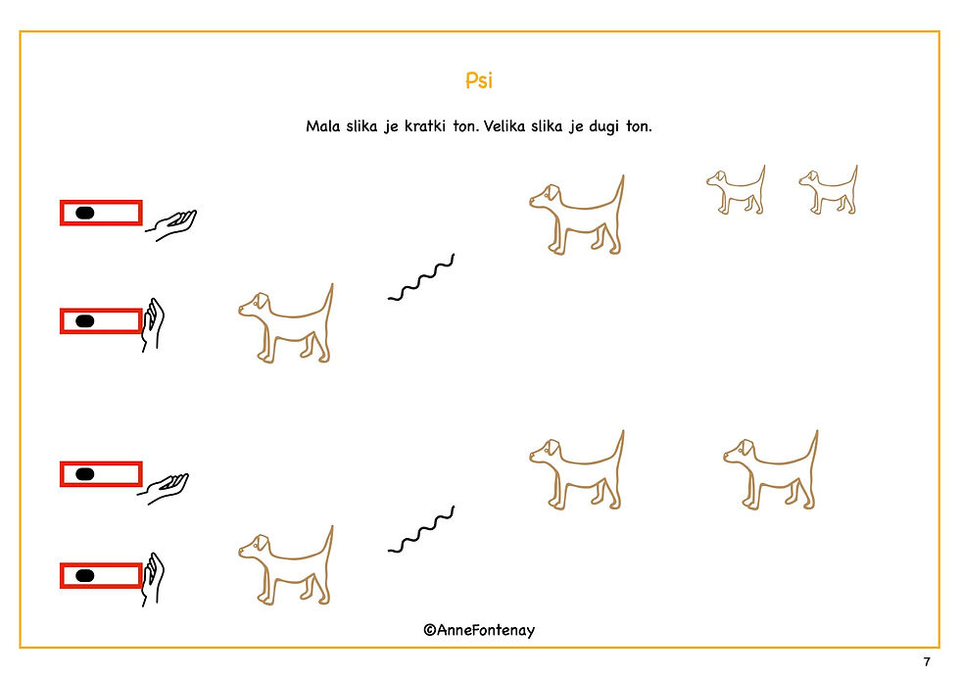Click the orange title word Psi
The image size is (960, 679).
(479, 80)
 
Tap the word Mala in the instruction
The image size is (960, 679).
(322, 126)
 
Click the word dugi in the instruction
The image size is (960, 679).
(603, 126)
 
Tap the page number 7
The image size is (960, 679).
(927, 661)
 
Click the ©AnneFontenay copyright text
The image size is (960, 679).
(479, 630)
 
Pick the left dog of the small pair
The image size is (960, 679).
(736, 190)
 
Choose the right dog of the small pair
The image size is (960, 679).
(829, 190)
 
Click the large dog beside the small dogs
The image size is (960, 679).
(577, 215)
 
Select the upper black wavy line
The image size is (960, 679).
(420, 278)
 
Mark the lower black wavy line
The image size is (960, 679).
(420, 530)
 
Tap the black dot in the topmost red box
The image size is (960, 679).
(84, 213)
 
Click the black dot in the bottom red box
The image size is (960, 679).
(84, 575)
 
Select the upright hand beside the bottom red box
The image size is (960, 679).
(153, 580)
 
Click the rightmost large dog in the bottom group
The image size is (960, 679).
(770, 470)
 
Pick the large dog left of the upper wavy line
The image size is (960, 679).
(286, 323)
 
